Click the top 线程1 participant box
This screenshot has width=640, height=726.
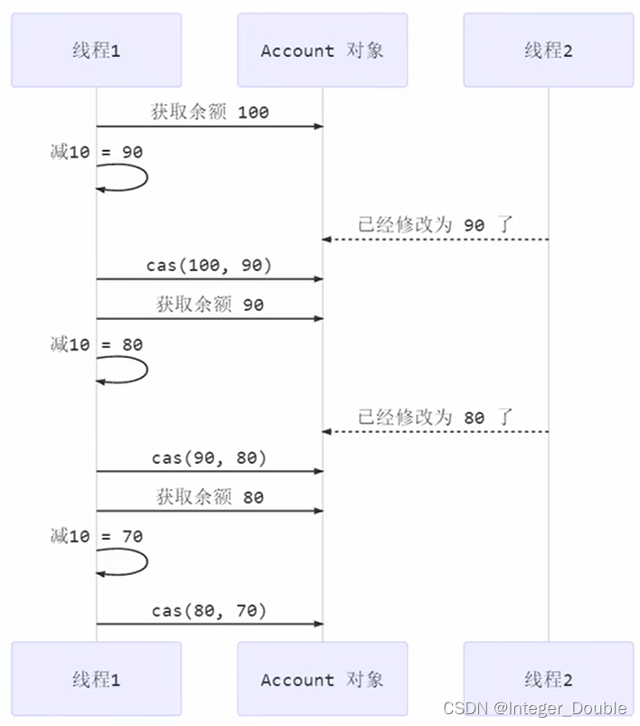tap(96, 51)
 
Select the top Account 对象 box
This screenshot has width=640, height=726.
tap(323, 51)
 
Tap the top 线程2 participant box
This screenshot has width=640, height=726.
tap(548, 51)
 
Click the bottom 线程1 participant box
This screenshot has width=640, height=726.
tap(96, 679)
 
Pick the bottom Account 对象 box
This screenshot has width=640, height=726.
tap(323, 679)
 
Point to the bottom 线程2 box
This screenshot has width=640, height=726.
tap(548, 679)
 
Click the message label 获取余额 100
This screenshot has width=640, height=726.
tap(210, 113)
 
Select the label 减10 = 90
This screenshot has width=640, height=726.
tap(97, 153)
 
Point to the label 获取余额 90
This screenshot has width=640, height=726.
tap(210, 305)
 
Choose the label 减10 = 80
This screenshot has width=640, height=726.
tap(97, 344)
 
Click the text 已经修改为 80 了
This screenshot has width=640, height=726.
tap(435, 417)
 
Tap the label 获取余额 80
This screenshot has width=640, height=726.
tap(210, 496)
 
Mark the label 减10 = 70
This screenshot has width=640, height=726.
tap(97, 536)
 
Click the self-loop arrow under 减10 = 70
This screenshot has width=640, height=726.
tap(127, 561)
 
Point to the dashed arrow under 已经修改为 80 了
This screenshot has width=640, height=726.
tap(435, 431)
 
